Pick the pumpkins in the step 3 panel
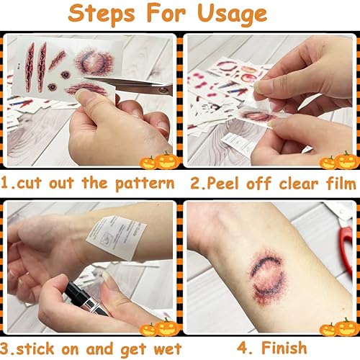coord(160,329)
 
